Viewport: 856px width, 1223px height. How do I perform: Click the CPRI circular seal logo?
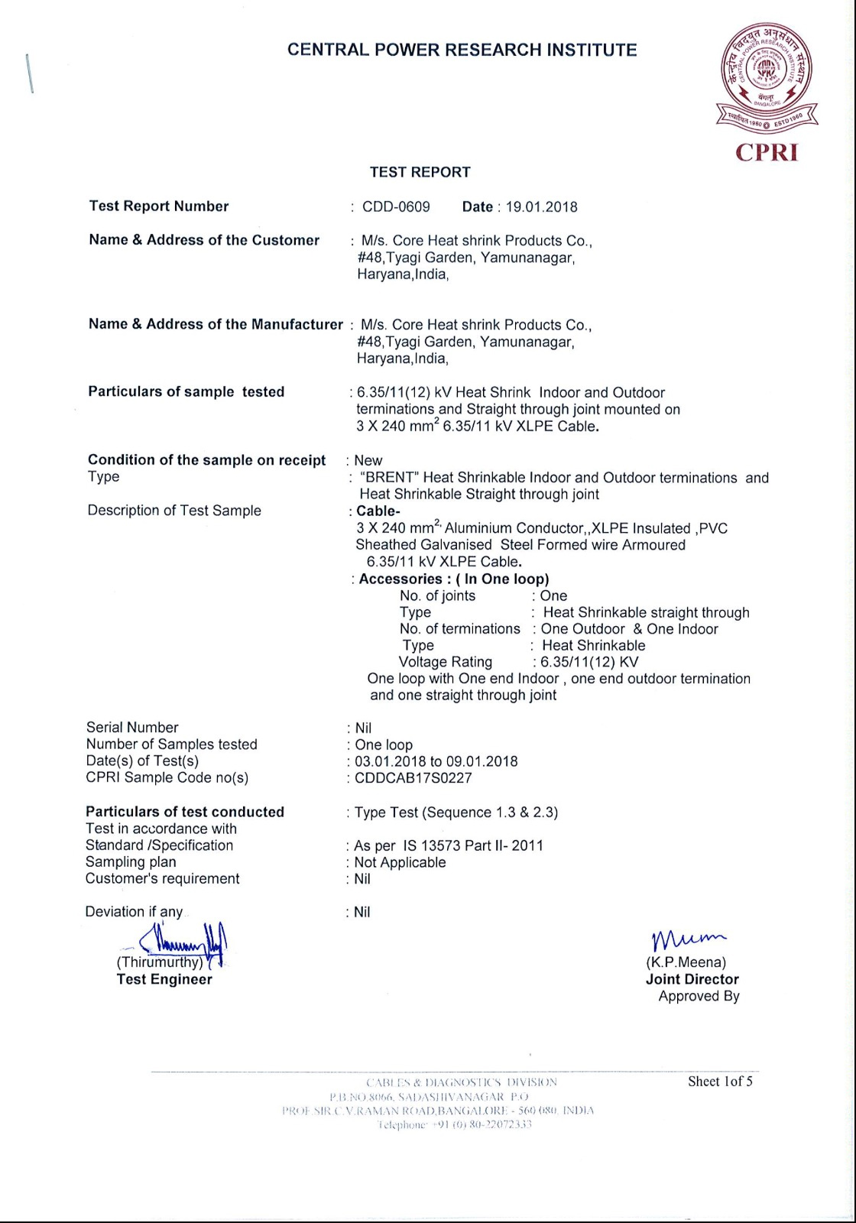[767, 73]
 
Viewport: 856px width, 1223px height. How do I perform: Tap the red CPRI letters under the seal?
[767, 152]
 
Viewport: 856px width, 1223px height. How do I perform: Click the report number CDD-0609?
[396, 207]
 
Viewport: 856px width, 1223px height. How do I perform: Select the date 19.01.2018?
[541, 207]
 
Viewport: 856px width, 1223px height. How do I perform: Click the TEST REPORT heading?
[420, 173]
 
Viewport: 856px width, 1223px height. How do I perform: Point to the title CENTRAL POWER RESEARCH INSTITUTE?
[462, 50]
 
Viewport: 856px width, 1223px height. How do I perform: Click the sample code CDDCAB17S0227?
[413, 778]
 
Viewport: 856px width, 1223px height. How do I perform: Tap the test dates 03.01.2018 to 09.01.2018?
[436, 761]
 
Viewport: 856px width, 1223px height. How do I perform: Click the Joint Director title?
[692, 979]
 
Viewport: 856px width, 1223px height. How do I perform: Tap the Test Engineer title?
[164, 979]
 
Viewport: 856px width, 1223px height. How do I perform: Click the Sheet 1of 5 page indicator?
[720, 1082]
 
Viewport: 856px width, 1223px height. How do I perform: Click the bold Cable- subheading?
[378, 511]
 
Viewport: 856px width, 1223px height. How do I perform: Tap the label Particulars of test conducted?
[185, 812]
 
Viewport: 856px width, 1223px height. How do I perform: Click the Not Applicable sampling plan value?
[400, 862]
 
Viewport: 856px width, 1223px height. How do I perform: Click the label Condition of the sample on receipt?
[206, 460]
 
